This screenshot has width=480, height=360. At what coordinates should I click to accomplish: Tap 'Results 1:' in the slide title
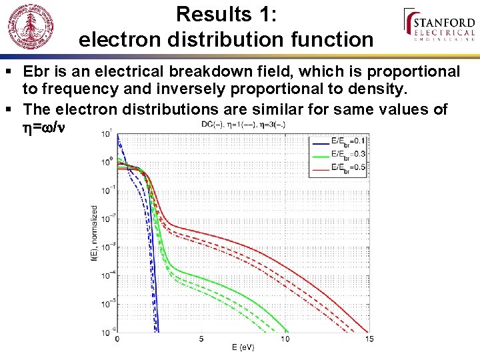click(x=226, y=14)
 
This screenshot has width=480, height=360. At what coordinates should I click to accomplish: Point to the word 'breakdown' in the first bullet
click(x=259, y=71)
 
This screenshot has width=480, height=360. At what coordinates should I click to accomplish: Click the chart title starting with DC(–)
click(x=243, y=125)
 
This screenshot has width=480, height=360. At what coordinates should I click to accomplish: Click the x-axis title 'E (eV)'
click(x=243, y=347)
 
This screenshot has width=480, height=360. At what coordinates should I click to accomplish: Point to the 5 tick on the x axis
click(x=201, y=339)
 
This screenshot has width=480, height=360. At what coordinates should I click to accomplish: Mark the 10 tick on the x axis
click(x=285, y=339)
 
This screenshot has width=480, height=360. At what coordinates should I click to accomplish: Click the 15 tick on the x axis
click(x=369, y=339)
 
